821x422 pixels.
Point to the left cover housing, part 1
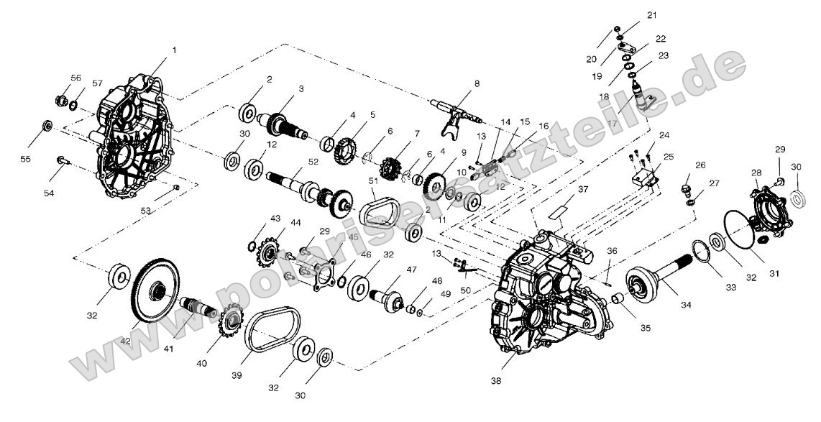pyautogui.click(x=132, y=141)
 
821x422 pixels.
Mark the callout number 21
pyautogui.click(x=651, y=15)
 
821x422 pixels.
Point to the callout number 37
pyautogui.click(x=582, y=189)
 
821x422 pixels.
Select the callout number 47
pyautogui.click(x=411, y=270)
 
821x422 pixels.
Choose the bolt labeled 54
pyautogui.click(x=63, y=159)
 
